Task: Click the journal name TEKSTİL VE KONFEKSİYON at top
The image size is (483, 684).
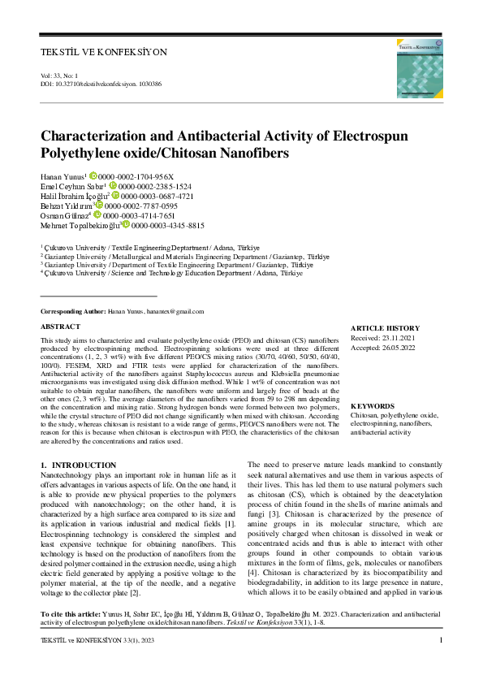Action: coord(103,52)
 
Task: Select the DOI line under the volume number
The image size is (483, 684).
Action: coord(101,84)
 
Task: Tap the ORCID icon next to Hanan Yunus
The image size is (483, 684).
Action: coord(93,175)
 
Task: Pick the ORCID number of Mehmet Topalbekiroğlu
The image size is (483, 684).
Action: coord(167,225)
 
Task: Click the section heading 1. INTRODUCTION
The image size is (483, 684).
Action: coord(78,465)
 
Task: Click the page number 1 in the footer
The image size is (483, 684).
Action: coord(440,664)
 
